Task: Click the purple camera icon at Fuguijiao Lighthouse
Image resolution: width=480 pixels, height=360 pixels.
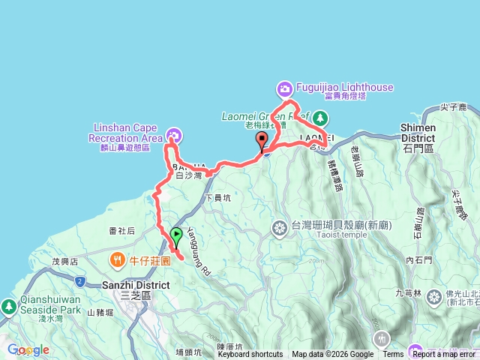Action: tap(285, 89)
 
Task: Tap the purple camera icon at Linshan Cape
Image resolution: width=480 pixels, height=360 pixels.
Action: tap(174, 136)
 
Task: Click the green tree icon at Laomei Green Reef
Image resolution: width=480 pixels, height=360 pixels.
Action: tap(320, 117)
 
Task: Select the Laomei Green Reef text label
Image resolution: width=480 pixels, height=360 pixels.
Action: tap(263, 116)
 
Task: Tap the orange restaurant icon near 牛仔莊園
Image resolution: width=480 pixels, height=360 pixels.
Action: tap(118, 260)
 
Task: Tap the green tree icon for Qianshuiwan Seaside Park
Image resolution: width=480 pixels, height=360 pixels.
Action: tap(8, 306)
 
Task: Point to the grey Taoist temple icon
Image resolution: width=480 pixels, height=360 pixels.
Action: tap(280, 227)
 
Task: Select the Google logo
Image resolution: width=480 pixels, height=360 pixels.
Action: tap(28, 349)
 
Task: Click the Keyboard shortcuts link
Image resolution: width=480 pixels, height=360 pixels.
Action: tap(251, 355)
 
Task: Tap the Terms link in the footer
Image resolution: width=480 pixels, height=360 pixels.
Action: tap(393, 355)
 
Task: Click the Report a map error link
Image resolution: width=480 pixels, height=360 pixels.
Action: tap(443, 355)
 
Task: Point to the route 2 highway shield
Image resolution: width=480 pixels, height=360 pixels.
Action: tap(79, 280)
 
